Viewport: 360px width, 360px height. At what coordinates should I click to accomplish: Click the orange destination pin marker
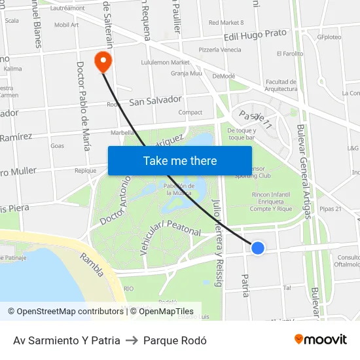pos(103,62)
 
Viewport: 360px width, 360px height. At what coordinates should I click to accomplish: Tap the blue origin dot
pos(258,247)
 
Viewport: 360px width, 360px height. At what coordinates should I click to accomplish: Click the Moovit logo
pos(320,340)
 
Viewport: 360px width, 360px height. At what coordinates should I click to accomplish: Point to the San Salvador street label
pos(155,101)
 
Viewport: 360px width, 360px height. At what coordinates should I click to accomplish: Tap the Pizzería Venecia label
pos(220,50)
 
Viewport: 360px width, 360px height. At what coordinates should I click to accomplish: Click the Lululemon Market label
pos(165,63)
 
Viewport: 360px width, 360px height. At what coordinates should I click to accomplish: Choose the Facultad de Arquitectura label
pos(281,85)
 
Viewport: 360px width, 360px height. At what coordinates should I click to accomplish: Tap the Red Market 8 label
pos(226,23)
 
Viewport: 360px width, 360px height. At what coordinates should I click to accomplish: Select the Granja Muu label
pos(187,73)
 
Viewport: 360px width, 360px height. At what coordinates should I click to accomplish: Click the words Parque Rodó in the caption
pos(175,340)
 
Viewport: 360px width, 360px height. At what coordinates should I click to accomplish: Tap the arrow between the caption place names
pos(132,340)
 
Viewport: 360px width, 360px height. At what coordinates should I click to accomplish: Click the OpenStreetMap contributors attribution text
pos(65,312)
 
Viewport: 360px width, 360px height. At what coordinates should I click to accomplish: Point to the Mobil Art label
pos(66,25)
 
